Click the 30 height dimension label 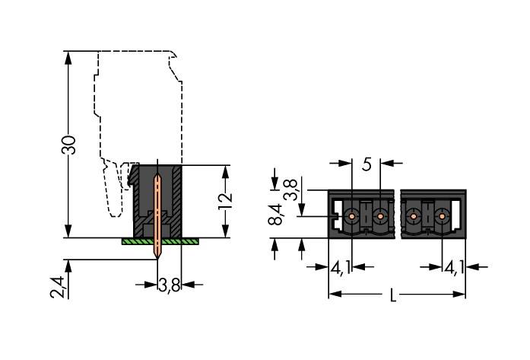68,144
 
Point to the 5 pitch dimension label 367,164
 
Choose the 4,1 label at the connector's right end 454,268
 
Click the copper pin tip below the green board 158,251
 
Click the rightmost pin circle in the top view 440,216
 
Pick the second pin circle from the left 379,216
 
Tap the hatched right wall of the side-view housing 176,199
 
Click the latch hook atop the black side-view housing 133,177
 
